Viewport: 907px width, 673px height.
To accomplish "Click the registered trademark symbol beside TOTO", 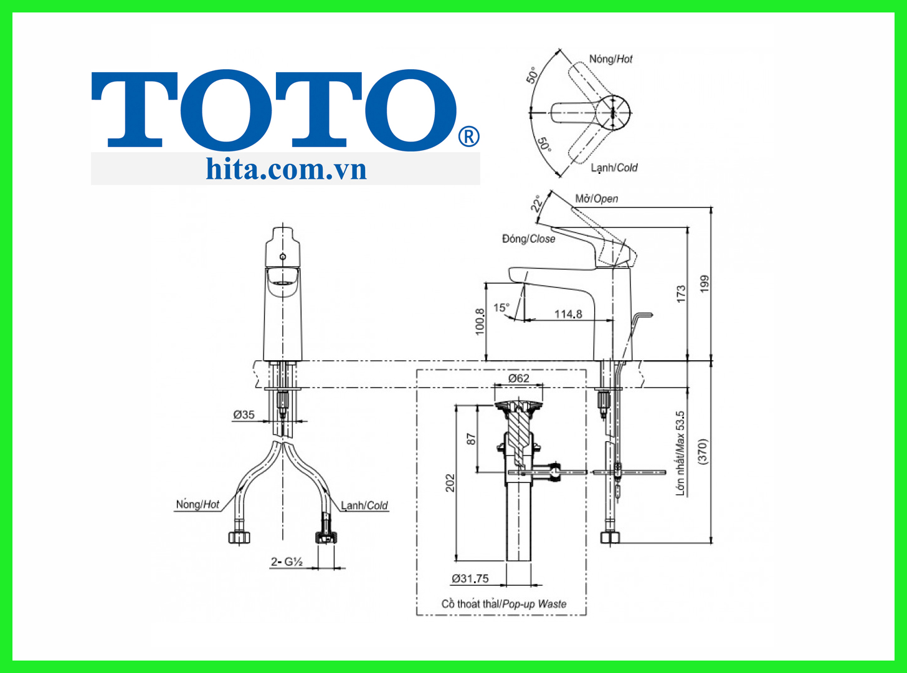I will coord(469,136).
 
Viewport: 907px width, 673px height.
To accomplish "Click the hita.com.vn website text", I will coord(286,169).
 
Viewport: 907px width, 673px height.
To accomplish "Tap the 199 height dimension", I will coord(705,284).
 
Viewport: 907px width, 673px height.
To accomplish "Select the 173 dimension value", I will coord(681,294).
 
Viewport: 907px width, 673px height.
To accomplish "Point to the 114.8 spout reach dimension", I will coord(568,313).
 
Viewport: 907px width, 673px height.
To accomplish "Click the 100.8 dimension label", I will coord(480,322).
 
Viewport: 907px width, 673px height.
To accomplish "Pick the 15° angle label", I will coord(501,307).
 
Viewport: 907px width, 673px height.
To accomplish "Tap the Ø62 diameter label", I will coord(518,378).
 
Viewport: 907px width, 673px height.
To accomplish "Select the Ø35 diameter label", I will coord(244,414).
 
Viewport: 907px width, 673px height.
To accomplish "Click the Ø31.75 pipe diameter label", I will coord(470,578).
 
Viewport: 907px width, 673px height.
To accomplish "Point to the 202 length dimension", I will coord(450,483).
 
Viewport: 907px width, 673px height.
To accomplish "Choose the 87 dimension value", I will coord(471,439).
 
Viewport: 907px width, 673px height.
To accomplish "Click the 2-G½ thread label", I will coord(286,561).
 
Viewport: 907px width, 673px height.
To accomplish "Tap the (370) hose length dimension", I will coord(703,452).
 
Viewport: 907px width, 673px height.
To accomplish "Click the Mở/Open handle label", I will coord(596,199).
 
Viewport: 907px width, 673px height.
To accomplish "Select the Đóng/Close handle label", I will coord(528,239).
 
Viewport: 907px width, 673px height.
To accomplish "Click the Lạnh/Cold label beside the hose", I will coord(364,505).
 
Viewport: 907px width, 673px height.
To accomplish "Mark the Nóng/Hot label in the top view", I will coord(610,59).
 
